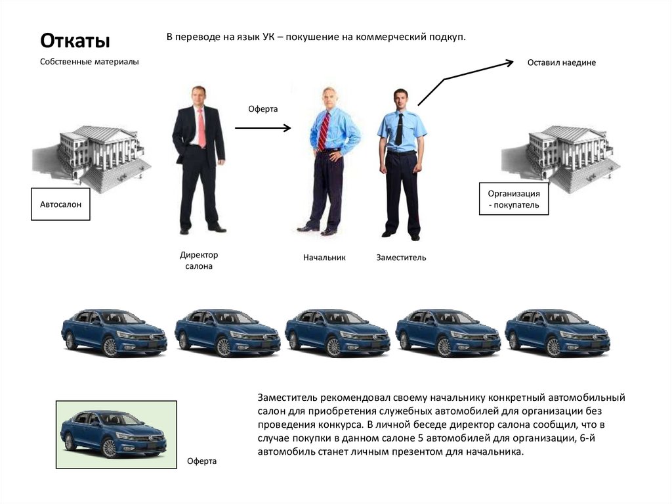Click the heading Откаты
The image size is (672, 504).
point(75,41)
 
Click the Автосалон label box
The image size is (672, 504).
point(60,204)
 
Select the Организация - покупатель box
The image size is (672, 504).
point(513,198)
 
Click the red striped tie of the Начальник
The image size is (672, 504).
point(324,131)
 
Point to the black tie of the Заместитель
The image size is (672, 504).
point(399,129)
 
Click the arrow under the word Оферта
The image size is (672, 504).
point(262,127)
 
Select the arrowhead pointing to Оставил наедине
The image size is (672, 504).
point(509,62)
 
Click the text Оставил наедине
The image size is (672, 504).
point(562,62)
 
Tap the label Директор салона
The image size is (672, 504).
point(199,260)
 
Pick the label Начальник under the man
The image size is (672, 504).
point(324,258)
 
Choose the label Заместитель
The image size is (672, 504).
point(401,258)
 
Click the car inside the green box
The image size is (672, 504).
point(114,434)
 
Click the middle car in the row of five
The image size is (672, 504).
point(338,332)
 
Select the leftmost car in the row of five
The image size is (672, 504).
point(114,332)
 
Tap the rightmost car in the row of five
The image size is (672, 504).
point(558,332)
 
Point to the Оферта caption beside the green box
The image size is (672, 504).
point(201,461)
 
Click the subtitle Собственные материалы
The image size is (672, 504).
point(89,62)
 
